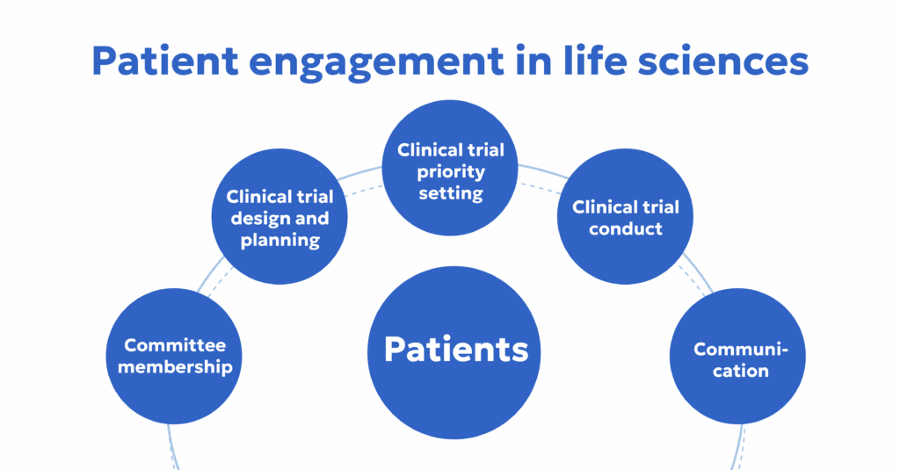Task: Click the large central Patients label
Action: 456,349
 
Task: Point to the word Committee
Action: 175,345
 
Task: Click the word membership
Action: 175,366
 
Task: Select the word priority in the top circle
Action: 450,171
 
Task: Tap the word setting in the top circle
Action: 450,193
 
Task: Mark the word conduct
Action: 625,229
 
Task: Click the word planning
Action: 279,240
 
